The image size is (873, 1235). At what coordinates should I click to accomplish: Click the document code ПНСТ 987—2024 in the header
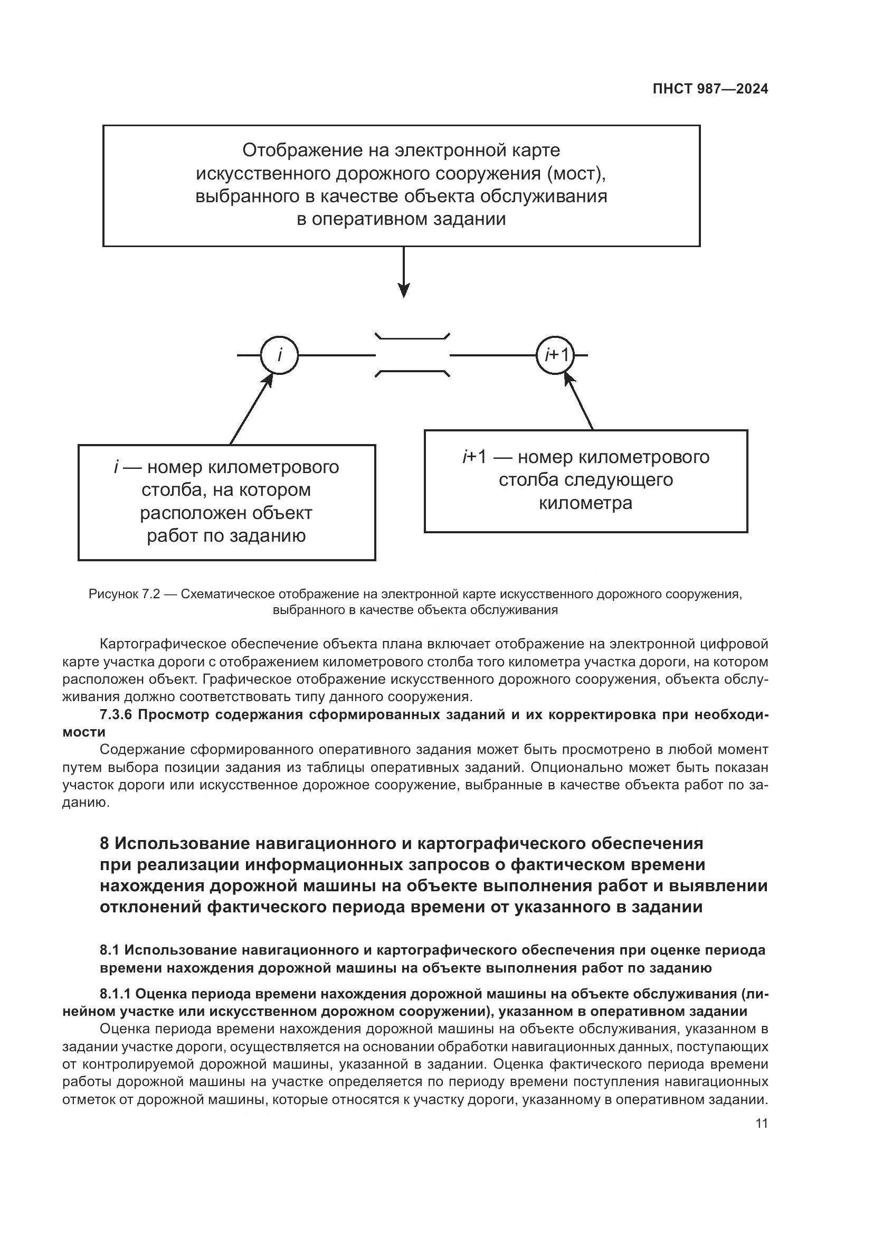pos(710,89)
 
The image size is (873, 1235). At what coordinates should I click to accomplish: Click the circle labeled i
pos(280,355)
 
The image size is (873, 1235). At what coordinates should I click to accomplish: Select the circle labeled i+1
pos(555,355)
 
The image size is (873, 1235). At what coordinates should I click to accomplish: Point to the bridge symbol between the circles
pos(412,355)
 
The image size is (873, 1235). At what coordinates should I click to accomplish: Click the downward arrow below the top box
pos(404,272)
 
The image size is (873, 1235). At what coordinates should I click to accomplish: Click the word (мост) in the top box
pos(577,174)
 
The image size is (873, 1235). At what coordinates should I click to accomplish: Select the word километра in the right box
pos(585,504)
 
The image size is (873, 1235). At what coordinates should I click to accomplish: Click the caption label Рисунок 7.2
pos(124,595)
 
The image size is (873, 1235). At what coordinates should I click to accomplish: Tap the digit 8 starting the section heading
pos(105,843)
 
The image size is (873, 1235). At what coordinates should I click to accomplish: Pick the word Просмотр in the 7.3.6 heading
pos(176,715)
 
